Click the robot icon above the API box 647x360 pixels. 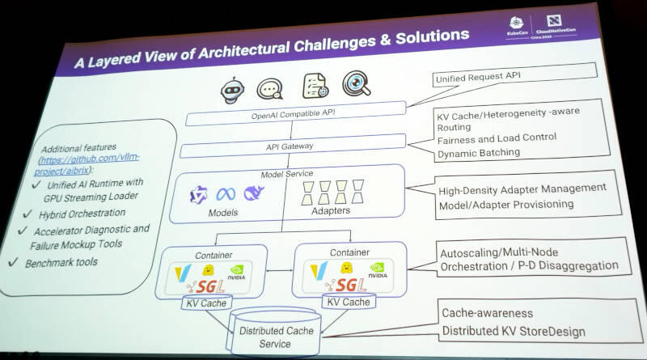point(233,88)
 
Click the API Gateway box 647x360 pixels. point(290,146)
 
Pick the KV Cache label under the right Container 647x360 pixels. point(347,303)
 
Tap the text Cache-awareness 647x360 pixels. point(487,312)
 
